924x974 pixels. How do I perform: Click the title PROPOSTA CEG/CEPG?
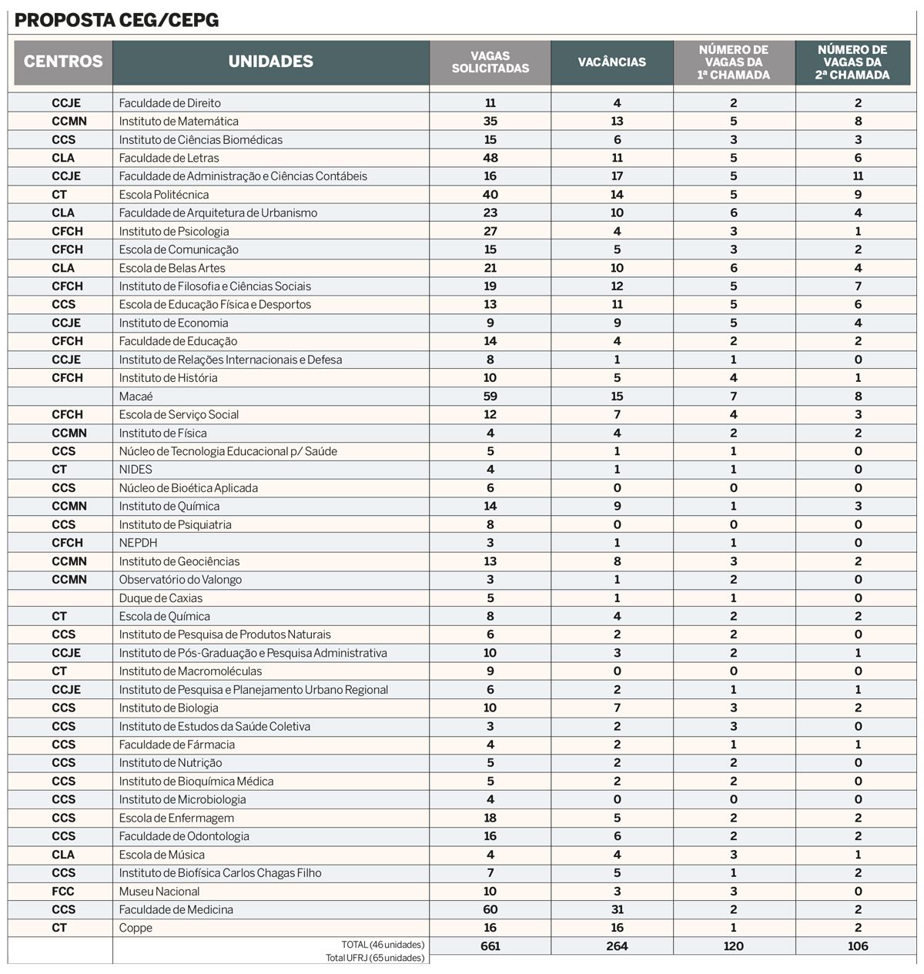click(x=116, y=20)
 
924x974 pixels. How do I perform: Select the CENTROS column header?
click(x=63, y=62)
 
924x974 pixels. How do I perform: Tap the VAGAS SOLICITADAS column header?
click(x=490, y=62)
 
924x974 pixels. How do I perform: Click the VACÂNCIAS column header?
click(x=612, y=62)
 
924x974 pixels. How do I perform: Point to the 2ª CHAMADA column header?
click(x=852, y=62)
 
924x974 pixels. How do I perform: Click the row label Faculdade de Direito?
click(x=169, y=102)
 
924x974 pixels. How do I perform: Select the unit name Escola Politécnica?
click(x=163, y=194)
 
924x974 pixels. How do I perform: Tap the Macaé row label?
click(x=136, y=396)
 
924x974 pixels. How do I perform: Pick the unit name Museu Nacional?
click(x=159, y=891)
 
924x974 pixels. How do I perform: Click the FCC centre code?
click(x=63, y=891)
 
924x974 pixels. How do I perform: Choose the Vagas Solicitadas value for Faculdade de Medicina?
click(x=490, y=909)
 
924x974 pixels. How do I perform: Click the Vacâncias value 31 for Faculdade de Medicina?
click(x=617, y=909)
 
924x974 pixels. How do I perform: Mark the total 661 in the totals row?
click(x=490, y=946)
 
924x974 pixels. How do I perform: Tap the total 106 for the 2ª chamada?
click(x=857, y=946)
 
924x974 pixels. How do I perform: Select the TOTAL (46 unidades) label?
click(x=383, y=945)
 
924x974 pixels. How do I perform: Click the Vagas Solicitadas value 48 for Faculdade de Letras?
click(x=490, y=158)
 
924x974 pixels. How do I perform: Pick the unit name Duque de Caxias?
click(x=160, y=597)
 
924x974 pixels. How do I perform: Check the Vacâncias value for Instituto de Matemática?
click(x=617, y=121)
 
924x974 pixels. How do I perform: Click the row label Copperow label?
click(x=136, y=928)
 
